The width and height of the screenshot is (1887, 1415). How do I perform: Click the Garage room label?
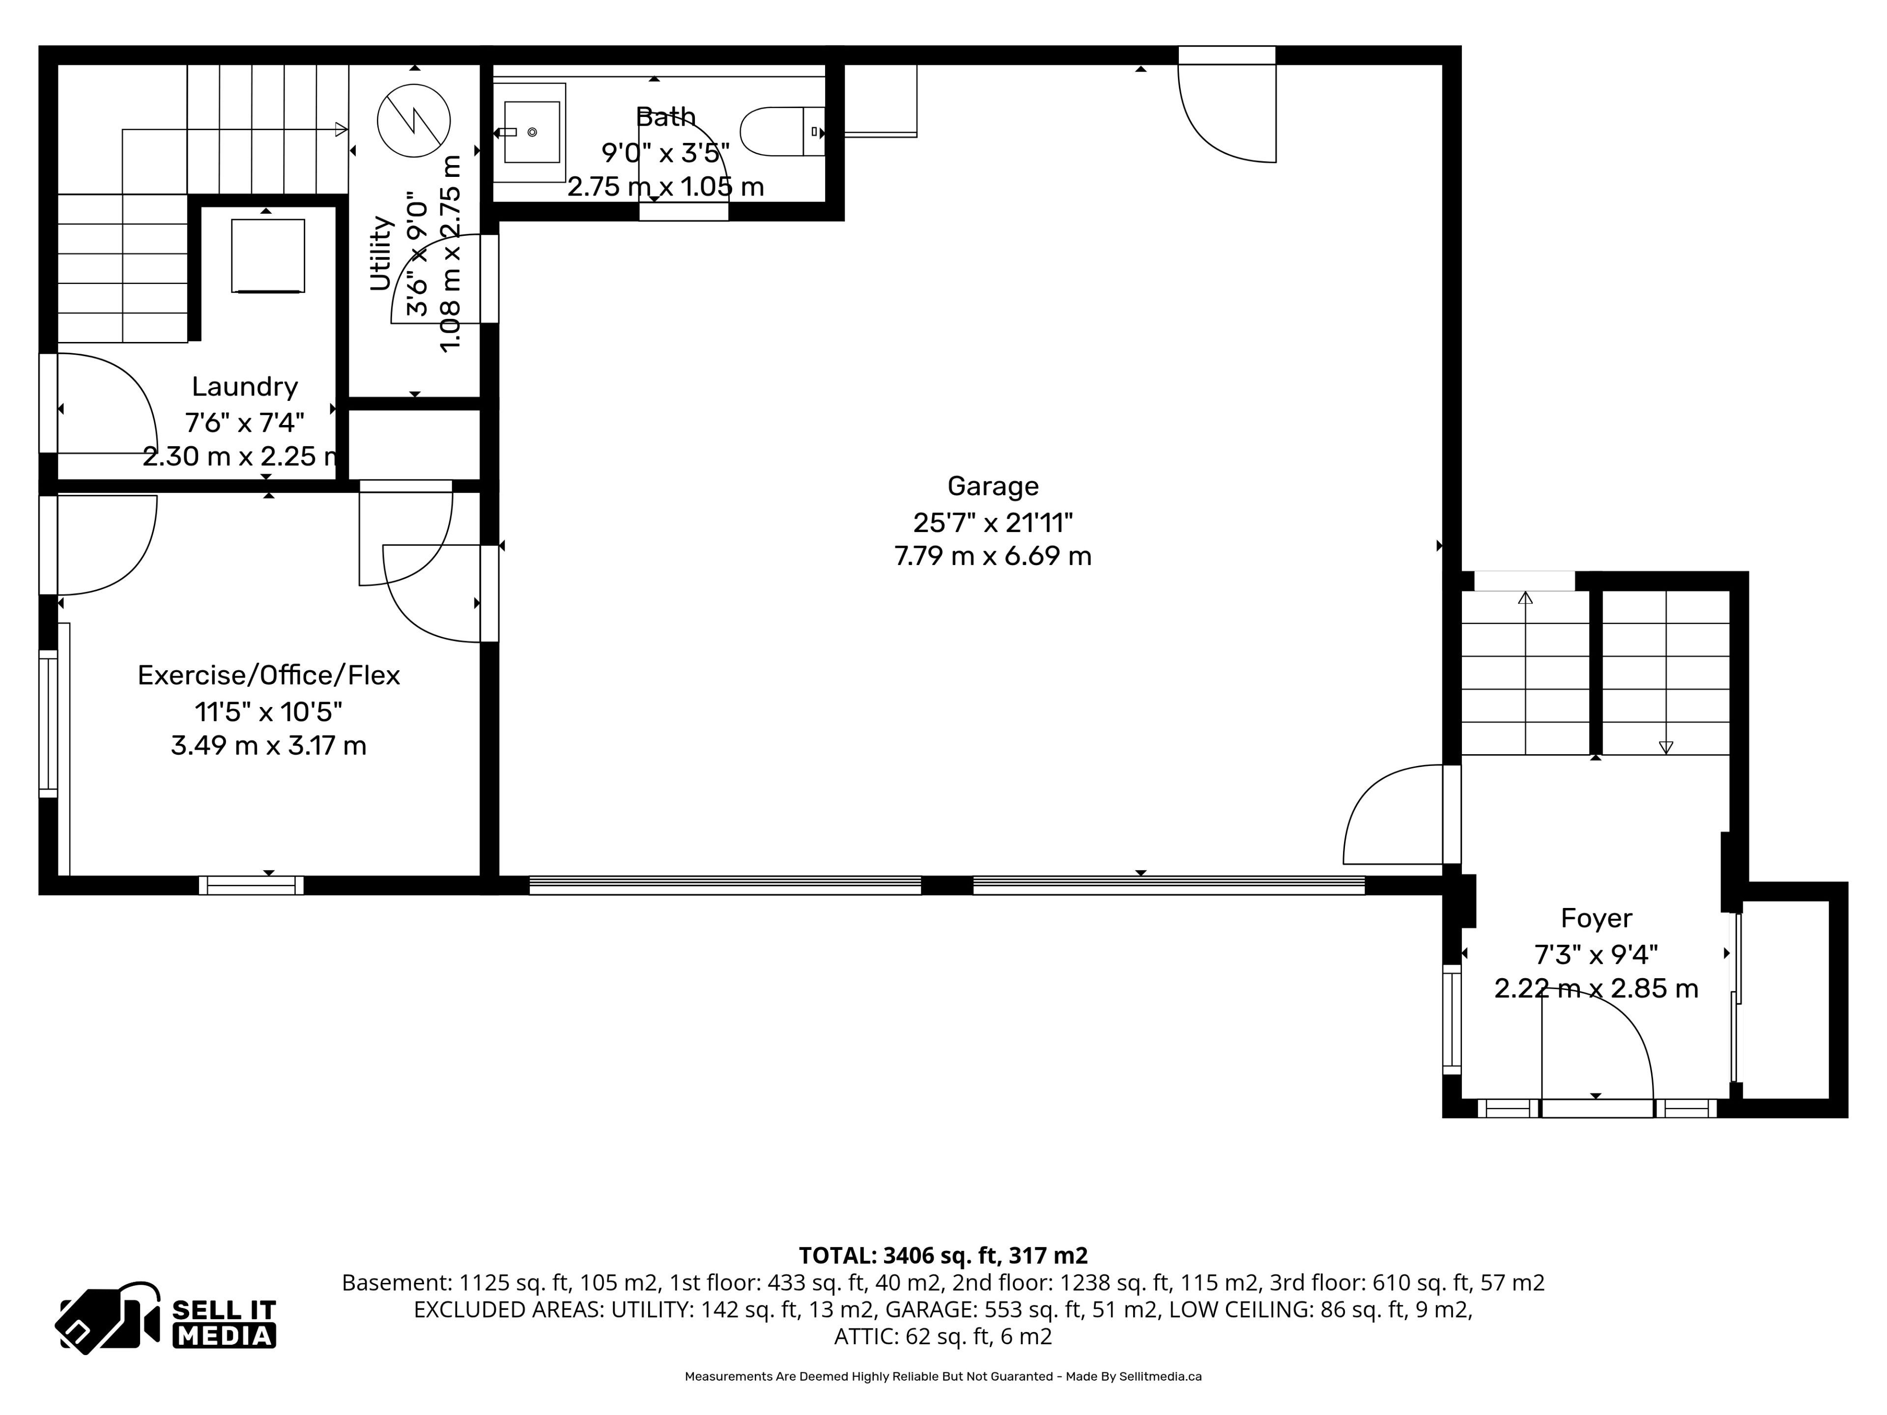(x=993, y=486)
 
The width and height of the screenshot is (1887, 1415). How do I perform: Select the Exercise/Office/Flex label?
(x=269, y=676)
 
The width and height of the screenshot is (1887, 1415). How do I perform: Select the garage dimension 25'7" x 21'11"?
(x=993, y=522)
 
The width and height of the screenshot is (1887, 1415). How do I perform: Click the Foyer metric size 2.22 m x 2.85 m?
(x=1596, y=989)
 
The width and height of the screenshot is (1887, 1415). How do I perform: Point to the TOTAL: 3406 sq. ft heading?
(x=943, y=1255)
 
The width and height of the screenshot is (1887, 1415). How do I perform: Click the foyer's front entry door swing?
(x=1597, y=1049)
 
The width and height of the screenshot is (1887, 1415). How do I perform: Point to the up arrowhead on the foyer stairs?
(x=1525, y=598)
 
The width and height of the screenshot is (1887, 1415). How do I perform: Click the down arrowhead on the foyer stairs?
(x=1665, y=748)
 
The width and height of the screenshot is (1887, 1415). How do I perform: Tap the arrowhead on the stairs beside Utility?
(x=341, y=130)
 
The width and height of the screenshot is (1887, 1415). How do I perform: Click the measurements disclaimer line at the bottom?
(x=943, y=1376)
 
